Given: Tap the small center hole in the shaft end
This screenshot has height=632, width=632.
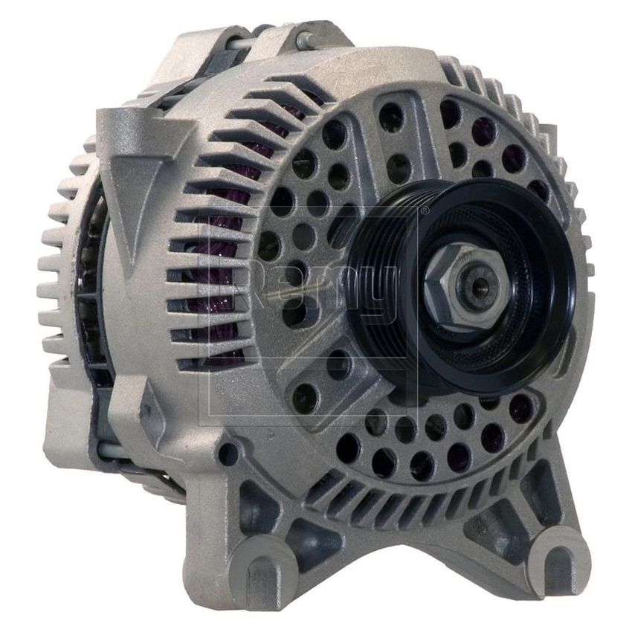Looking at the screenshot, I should pos(477,282).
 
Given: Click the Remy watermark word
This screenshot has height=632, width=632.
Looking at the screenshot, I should pos(312,290).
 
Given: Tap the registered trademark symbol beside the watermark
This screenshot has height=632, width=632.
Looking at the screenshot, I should pos(424,213).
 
